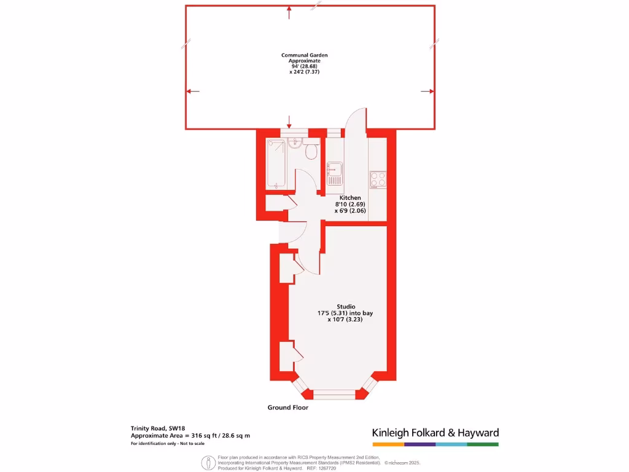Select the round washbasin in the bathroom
293,143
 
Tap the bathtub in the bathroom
275,164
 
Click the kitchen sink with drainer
335,173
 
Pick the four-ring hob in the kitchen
378,179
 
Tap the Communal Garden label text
305,55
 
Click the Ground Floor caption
288,407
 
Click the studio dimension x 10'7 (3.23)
345,320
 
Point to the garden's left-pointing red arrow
193,92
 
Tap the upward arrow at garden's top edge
289,9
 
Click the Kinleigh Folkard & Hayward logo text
436,433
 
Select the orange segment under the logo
388,444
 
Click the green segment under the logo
483,444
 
